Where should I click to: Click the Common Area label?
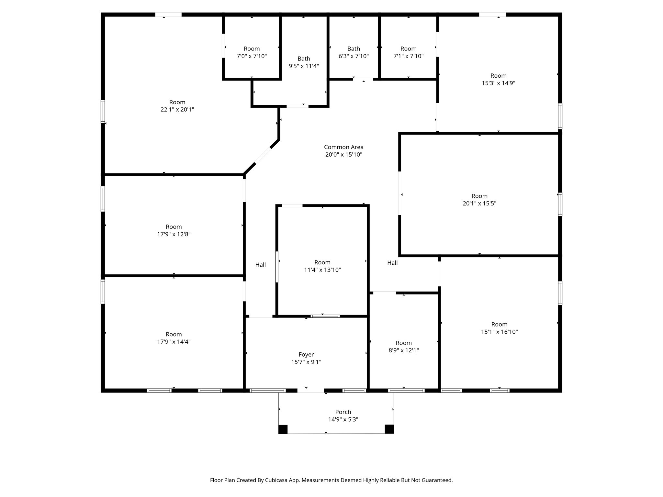click(343, 147)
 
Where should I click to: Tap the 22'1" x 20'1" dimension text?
click(177, 110)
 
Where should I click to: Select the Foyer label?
click(306, 355)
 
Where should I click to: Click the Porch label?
click(343, 412)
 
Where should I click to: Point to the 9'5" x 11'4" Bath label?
click(304, 59)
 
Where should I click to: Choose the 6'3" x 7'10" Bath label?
click(354, 49)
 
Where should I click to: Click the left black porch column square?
click(283, 429)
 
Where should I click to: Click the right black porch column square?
click(389, 429)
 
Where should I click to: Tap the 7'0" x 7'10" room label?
click(252, 49)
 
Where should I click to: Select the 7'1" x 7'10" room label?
click(408, 49)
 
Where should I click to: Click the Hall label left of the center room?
click(260, 265)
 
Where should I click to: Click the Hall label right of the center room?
click(392, 263)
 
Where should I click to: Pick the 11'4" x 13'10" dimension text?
click(322, 270)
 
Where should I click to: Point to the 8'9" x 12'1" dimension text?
click(403, 350)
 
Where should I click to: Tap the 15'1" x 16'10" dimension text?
click(499, 332)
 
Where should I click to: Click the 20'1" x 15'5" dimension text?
click(479, 204)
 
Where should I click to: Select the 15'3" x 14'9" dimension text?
click(498, 83)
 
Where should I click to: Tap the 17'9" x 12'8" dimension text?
click(174, 234)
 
